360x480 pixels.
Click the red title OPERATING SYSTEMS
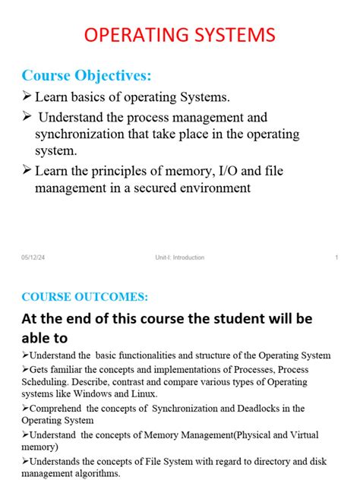(x=179, y=36)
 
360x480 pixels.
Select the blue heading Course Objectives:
(x=87, y=75)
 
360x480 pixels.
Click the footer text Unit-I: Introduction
(x=175, y=257)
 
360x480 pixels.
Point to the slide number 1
(x=336, y=257)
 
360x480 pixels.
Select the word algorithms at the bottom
(x=97, y=472)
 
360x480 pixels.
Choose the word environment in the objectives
(x=223, y=187)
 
